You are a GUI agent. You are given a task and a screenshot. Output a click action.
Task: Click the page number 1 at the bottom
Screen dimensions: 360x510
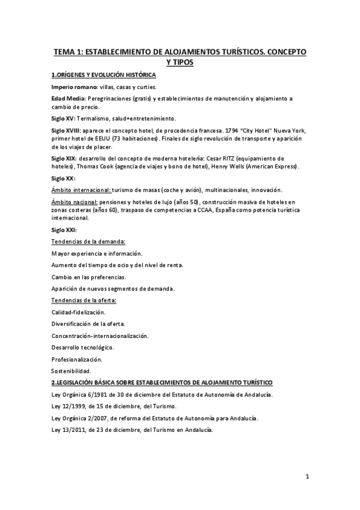pos(307,478)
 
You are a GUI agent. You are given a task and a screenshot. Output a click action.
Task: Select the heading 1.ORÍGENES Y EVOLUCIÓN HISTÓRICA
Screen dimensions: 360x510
pos(104,75)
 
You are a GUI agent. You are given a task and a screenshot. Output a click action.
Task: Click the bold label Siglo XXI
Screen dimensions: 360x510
pos(64,230)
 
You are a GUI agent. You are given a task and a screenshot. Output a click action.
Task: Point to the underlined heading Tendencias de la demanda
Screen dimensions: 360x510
pos(88,241)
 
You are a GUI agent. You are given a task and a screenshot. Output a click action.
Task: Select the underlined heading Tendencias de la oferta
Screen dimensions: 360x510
pos(84,300)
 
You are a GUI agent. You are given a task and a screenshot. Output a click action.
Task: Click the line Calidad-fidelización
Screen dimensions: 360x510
pos(79,312)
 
